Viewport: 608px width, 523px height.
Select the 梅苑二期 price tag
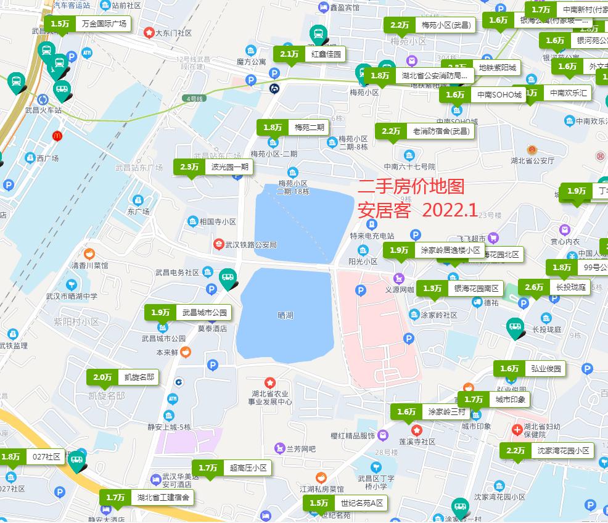[x=293, y=128]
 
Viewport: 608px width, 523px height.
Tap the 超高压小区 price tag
[x=232, y=468]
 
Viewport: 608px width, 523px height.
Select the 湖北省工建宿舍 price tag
[x=147, y=497]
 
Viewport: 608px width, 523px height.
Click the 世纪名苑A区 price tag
[x=346, y=503]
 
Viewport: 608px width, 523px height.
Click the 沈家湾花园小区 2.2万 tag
[x=547, y=451]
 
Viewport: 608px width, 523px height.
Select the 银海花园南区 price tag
[x=460, y=288]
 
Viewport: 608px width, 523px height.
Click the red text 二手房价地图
[x=411, y=187]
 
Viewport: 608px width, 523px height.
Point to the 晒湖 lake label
[x=286, y=315]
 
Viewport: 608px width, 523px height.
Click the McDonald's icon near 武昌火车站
[x=57, y=135]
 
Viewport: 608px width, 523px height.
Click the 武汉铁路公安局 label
[x=252, y=245]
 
